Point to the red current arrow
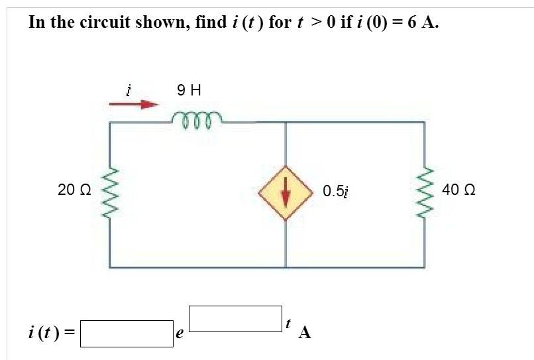click(x=136, y=104)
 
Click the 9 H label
click(x=189, y=89)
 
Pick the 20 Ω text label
click(x=72, y=190)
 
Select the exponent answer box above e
click(x=236, y=318)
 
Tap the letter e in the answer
click(x=179, y=335)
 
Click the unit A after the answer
click(x=304, y=333)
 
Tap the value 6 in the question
click(x=412, y=22)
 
